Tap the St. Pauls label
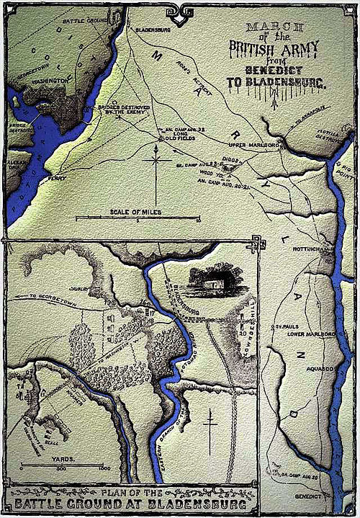(x=282, y=326)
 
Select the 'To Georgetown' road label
(x=44, y=297)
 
